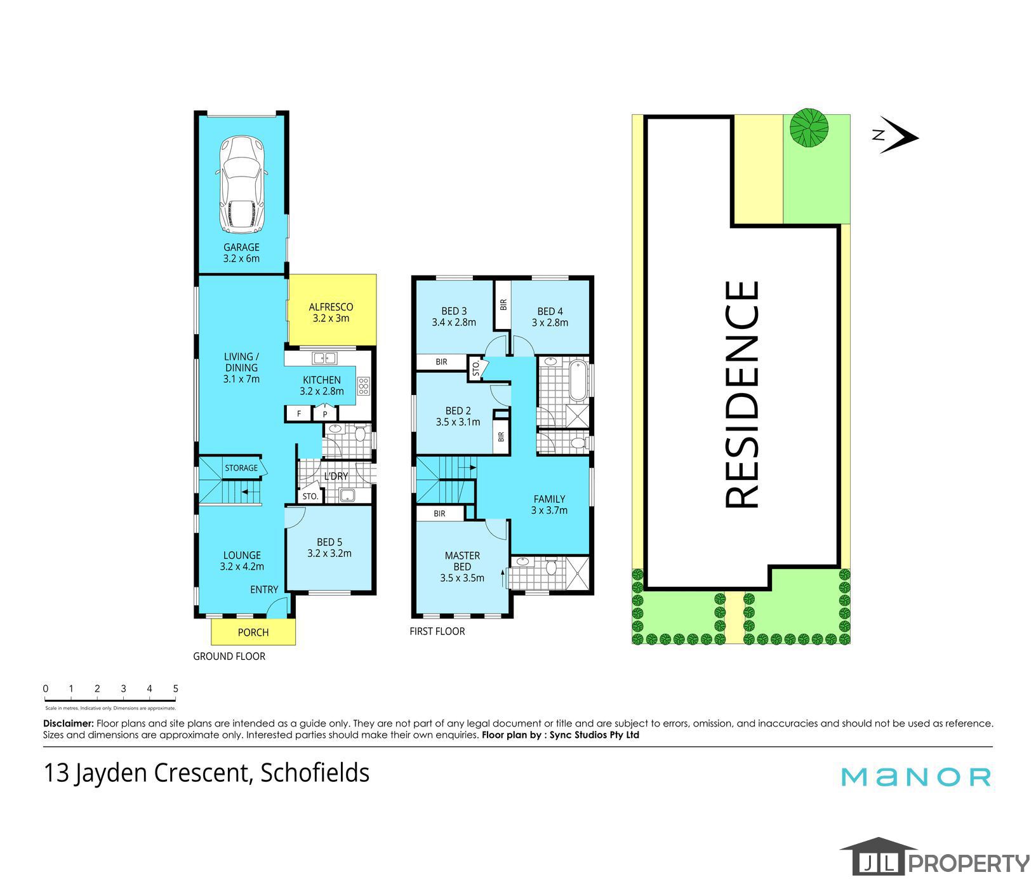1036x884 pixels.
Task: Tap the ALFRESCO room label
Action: pos(331,307)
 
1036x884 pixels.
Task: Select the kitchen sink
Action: pos(324,358)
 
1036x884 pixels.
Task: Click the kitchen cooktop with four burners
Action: pos(364,386)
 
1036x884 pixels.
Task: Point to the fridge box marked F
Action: pos(299,414)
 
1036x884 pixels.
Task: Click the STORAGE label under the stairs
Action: pos(241,468)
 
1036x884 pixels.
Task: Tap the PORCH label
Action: pos(253,633)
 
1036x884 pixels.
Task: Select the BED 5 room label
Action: pos(329,542)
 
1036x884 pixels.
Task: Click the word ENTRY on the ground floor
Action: pos(264,589)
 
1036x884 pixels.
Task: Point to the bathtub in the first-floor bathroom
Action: pos(578,380)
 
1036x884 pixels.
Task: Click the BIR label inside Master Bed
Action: pos(440,514)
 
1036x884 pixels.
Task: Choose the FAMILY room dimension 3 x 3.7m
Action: pos(549,510)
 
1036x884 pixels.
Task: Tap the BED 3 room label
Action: pos(454,311)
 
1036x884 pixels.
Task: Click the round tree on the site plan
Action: pos(809,128)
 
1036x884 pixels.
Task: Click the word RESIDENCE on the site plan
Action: pos(741,394)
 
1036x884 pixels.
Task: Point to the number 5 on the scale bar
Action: pos(175,688)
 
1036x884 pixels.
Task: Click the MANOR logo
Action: pos(916,777)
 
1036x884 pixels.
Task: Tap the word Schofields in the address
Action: pos(315,773)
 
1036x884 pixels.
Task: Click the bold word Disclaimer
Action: pos(69,723)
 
